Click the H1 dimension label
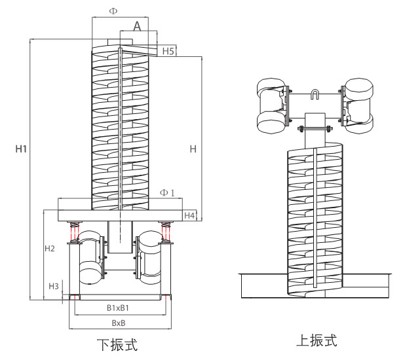pos(21,149)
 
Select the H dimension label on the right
pos(193,149)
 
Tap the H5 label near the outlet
pos(167,51)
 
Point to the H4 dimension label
pos(189,215)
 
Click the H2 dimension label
pos(50,249)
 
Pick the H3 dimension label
pos(54,286)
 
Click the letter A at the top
pos(137,26)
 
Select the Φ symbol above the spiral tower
pos(113,12)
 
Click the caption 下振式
pos(118,344)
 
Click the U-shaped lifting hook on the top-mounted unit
pos(315,96)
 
